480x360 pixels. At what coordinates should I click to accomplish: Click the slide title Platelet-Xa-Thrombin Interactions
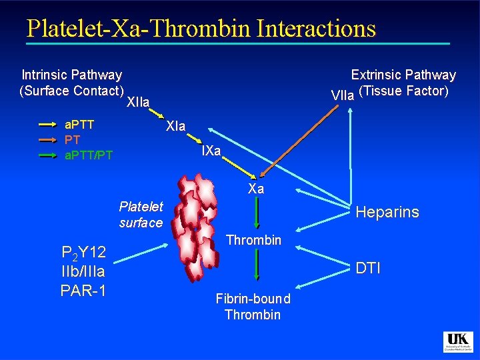pyautogui.click(x=201, y=28)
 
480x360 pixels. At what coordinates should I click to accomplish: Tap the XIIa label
pyautogui.click(x=137, y=102)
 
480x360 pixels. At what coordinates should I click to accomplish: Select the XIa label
pyautogui.click(x=176, y=126)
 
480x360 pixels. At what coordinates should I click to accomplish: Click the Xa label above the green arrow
pyautogui.click(x=256, y=189)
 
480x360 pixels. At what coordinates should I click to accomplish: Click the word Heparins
pyautogui.click(x=387, y=212)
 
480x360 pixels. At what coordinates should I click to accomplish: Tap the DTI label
pyautogui.click(x=368, y=268)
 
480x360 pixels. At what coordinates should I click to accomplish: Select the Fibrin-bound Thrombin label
pyautogui.click(x=253, y=307)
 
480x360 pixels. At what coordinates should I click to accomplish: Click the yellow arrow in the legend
pyautogui.click(x=48, y=125)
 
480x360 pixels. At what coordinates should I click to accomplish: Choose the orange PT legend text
pyautogui.click(x=71, y=140)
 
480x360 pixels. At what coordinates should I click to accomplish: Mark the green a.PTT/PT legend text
pyautogui.click(x=88, y=155)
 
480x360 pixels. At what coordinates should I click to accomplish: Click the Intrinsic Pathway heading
pyautogui.click(x=72, y=75)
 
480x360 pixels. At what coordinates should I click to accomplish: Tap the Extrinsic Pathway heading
pyautogui.click(x=403, y=75)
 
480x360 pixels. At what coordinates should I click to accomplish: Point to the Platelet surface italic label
pyautogui.click(x=141, y=214)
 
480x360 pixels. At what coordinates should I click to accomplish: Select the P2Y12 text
pyautogui.click(x=83, y=253)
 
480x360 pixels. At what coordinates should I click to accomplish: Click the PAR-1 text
pyautogui.click(x=83, y=290)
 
